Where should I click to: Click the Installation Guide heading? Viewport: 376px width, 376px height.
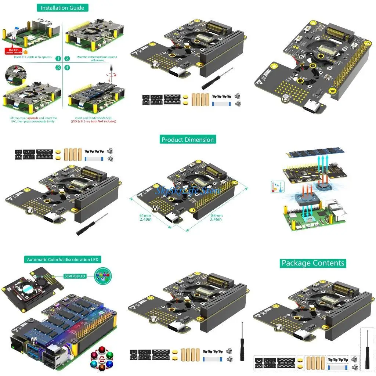(62, 8)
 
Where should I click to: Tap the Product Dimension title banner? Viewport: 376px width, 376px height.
(188, 140)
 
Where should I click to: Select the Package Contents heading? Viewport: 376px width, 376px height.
(313, 263)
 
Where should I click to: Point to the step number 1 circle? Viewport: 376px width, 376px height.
(58, 58)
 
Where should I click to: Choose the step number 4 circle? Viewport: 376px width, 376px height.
(67, 68)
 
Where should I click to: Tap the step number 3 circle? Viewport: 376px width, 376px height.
(58, 68)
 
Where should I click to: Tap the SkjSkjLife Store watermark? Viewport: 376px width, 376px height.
(187, 191)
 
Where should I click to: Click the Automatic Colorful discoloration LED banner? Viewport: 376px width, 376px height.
(63, 260)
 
